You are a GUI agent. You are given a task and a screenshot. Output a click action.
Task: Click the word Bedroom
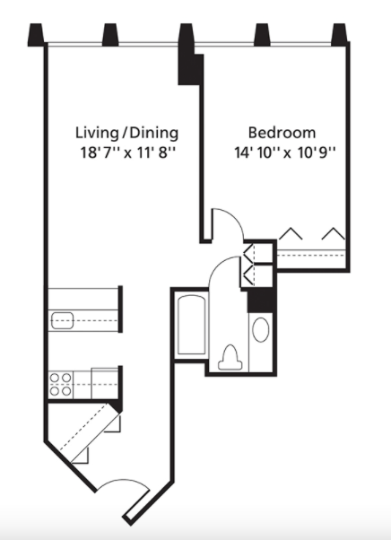282,133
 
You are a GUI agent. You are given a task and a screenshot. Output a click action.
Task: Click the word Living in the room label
97,133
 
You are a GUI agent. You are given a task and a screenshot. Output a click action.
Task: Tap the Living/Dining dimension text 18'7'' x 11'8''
128,152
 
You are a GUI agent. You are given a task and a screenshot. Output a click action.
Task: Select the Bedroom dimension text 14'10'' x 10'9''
285,152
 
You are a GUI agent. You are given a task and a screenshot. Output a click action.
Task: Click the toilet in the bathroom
230,358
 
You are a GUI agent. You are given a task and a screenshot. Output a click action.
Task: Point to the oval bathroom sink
261,329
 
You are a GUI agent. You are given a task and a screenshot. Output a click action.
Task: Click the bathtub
192,325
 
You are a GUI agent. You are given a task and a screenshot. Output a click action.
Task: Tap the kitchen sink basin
62,320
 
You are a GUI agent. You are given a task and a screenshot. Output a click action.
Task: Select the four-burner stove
61,384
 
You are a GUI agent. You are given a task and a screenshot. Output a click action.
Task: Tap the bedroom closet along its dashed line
311,255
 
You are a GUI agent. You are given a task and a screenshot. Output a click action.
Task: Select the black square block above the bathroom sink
261,300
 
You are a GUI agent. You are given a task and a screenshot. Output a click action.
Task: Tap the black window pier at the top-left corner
36,34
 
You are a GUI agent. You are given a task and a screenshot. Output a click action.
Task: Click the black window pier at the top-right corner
339,34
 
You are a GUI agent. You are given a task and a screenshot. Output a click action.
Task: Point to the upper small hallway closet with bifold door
258,254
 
